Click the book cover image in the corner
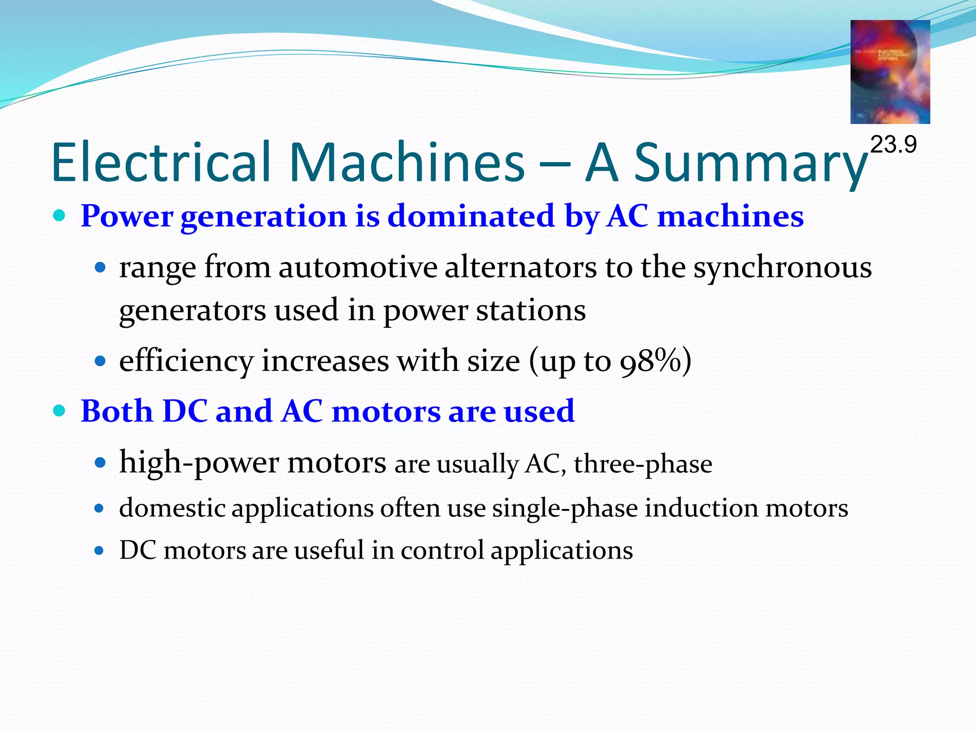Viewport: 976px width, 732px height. point(890,72)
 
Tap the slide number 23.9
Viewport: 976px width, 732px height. point(893,144)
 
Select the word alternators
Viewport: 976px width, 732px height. point(520,267)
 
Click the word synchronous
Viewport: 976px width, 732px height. point(782,268)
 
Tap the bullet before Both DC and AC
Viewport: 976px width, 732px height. point(59,411)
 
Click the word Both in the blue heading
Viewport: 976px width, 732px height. point(116,411)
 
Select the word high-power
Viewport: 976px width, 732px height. point(199,462)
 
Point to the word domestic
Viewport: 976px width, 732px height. point(172,508)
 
